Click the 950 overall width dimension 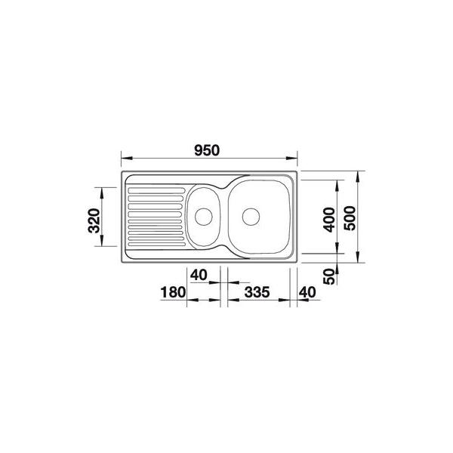pos(207,150)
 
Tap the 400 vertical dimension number pos(328,220)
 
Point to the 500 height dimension pos(350,218)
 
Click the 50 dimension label pos(328,276)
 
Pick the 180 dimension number pos(173,292)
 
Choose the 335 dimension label pos(257,292)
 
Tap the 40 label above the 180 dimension pos(199,275)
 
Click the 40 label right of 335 pos(307,292)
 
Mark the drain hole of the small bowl pos(204,216)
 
